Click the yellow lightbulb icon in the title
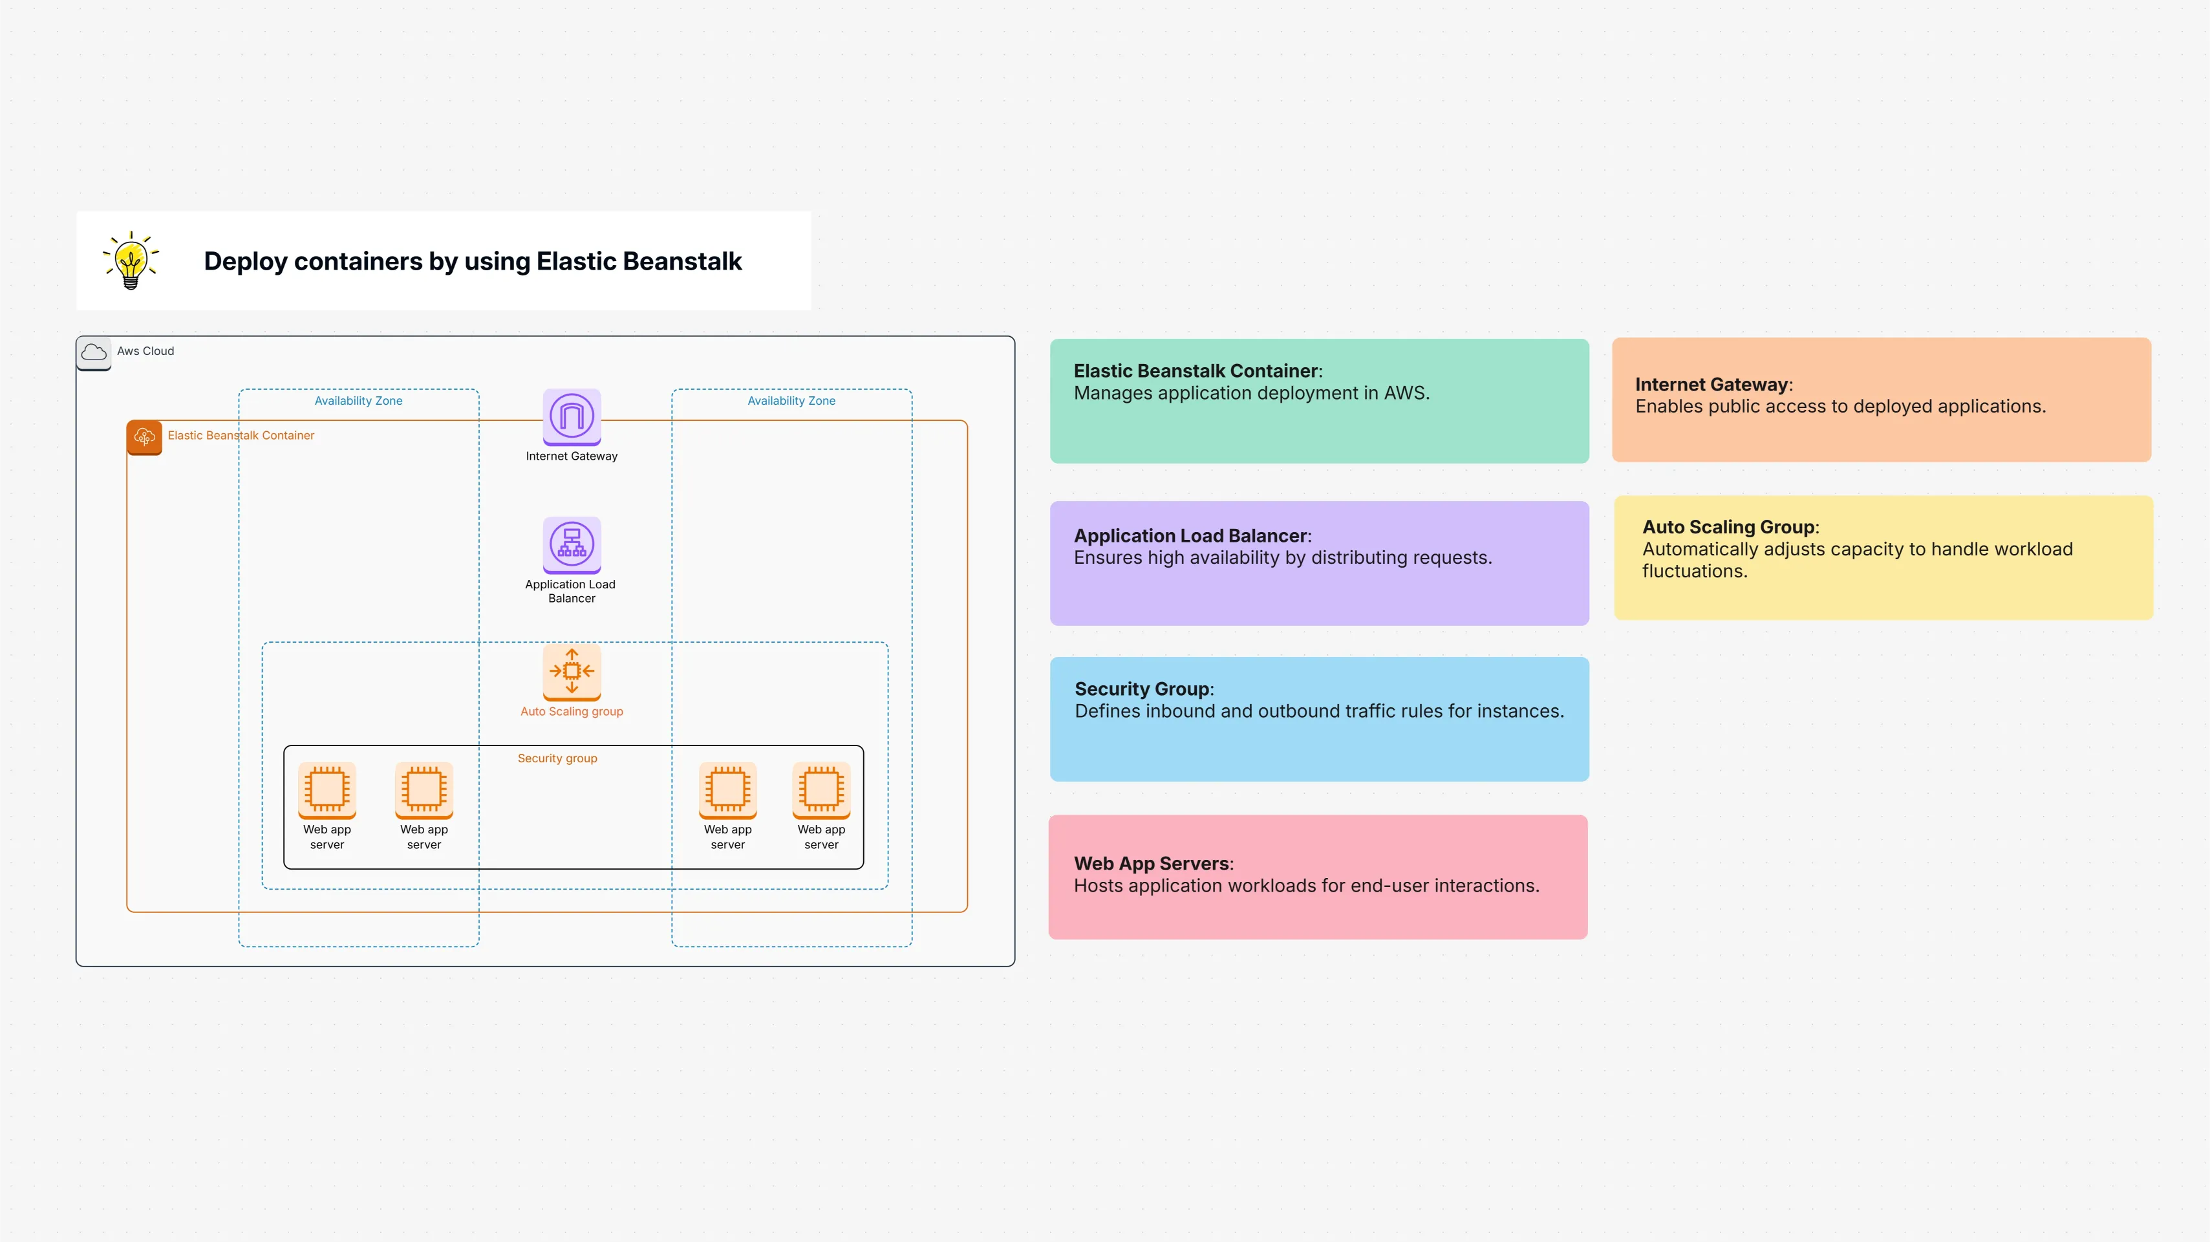(x=131, y=261)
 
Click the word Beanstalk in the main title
(x=681, y=261)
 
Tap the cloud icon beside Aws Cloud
(x=94, y=352)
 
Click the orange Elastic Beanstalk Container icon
(x=144, y=436)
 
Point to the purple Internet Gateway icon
(x=572, y=416)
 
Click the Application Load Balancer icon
(x=572, y=544)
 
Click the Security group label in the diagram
(x=557, y=758)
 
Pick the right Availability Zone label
(x=791, y=401)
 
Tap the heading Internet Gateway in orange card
(x=1711, y=384)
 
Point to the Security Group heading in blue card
(x=1142, y=689)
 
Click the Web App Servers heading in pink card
(x=1152, y=864)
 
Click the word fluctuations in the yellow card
(x=1693, y=572)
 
